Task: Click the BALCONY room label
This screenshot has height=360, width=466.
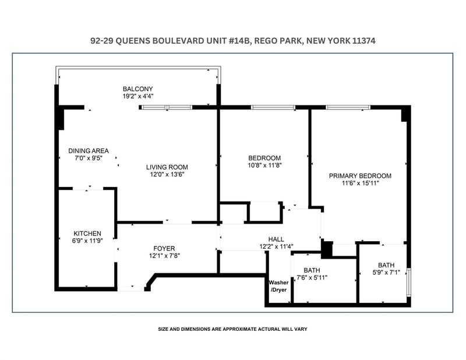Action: coord(137,89)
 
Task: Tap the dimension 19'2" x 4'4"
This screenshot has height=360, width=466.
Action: coord(138,96)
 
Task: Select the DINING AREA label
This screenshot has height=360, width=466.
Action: coord(89,151)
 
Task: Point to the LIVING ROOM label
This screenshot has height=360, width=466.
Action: coord(167,167)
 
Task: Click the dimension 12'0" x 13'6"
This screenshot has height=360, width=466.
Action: coord(167,175)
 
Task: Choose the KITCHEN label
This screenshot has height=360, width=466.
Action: coord(87,234)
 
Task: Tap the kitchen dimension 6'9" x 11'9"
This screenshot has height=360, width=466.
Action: coord(87,241)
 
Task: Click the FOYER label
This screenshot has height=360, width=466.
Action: coord(164,249)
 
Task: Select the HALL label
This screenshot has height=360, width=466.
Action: coord(276,239)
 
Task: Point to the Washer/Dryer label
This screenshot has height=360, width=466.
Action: coord(278,286)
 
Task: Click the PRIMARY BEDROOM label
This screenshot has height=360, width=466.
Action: coord(360,176)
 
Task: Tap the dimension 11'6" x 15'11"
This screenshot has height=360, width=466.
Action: coord(360,183)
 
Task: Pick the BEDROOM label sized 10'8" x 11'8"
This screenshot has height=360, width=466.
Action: coord(264,158)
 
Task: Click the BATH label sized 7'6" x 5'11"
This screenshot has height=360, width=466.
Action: coord(312,270)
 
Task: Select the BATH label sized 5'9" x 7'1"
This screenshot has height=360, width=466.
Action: coord(386,265)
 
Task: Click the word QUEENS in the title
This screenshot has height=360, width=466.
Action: coord(133,41)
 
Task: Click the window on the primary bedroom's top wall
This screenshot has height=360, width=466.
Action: coord(348,107)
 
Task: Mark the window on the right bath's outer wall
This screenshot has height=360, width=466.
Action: coord(409,283)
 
